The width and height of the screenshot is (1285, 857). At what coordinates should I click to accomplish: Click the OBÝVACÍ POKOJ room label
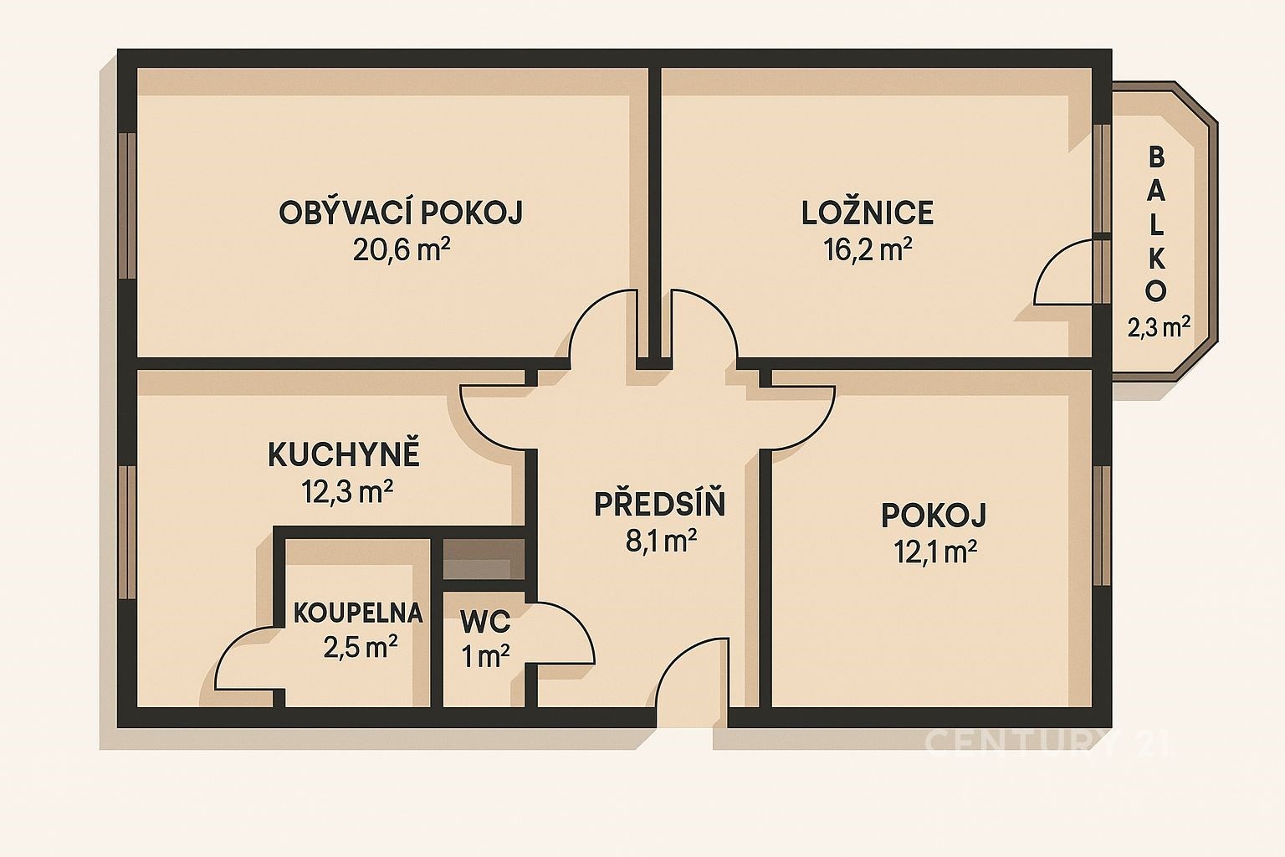(x=401, y=213)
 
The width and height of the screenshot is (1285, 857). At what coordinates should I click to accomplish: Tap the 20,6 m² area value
(x=401, y=250)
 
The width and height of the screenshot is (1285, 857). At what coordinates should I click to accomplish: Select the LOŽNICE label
(x=868, y=213)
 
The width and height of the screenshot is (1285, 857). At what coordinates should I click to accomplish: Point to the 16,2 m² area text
(x=868, y=249)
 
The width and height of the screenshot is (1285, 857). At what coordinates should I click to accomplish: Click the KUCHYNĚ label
(x=344, y=454)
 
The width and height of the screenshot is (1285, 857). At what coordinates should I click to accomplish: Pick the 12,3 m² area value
(x=347, y=492)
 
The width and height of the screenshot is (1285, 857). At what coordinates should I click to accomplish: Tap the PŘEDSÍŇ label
(x=660, y=503)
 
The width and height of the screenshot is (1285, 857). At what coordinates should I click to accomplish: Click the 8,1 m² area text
(x=661, y=541)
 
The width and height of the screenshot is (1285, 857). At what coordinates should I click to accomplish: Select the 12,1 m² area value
(x=935, y=552)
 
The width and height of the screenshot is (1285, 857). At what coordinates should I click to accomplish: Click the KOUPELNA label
(x=358, y=613)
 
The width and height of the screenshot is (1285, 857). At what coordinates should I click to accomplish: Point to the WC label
(x=485, y=621)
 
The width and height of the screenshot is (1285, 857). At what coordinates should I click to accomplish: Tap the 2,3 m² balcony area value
(x=1158, y=328)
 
